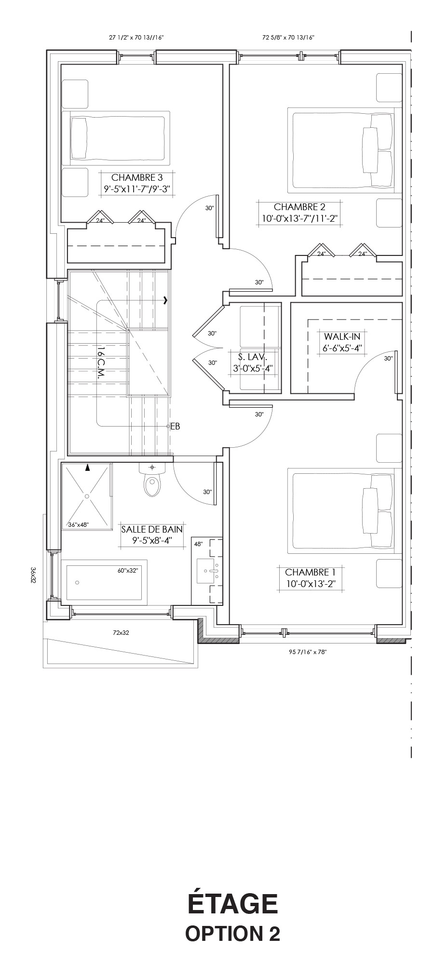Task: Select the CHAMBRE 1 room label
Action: [x=310, y=572]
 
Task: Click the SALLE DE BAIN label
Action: [x=152, y=529]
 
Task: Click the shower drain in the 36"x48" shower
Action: [x=87, y=495]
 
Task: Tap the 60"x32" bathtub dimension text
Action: [x=128, y=571]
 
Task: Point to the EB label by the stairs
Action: [x=175, y=426]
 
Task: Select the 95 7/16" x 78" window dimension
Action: [x=308, y=652]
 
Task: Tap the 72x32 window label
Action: [x=121, y=633]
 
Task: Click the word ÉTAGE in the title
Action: [x=232, y=903]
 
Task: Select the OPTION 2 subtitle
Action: [x=232, y=933]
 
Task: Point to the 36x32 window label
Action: [x=33, y=575]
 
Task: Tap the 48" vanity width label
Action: [x=198, y=544]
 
